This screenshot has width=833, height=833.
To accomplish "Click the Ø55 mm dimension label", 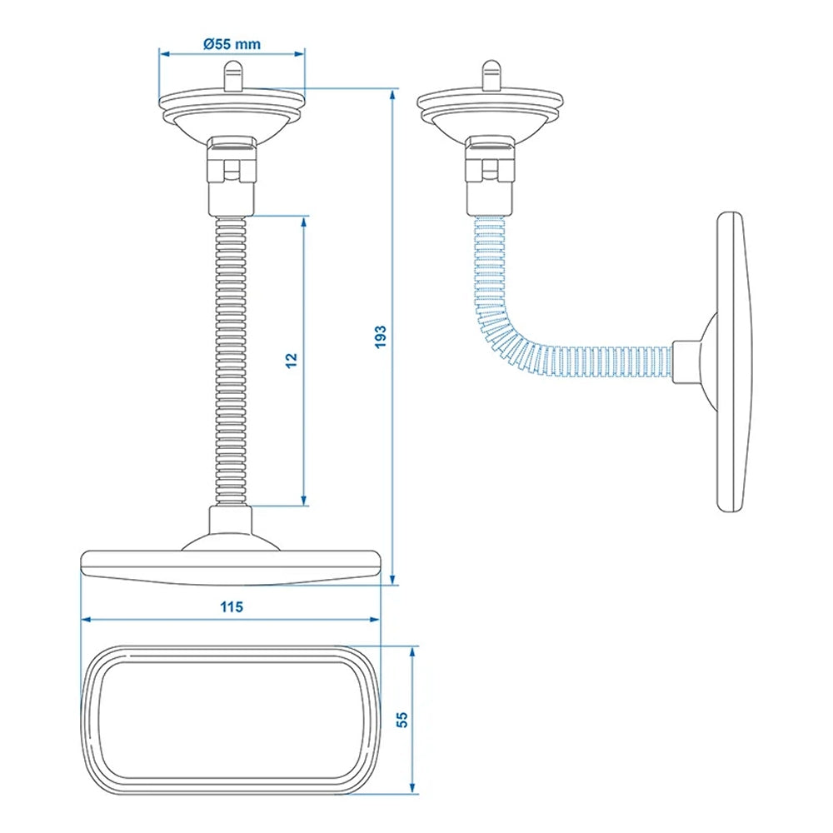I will [231, 45].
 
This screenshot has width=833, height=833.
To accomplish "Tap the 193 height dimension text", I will [380, 336].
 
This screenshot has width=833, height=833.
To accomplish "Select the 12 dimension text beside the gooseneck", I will [291, 360].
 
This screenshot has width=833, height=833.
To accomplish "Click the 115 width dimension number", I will [232, 607].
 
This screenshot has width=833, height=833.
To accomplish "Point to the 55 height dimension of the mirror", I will [402, 720].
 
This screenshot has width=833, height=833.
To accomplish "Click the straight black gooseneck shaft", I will [231, 358].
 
